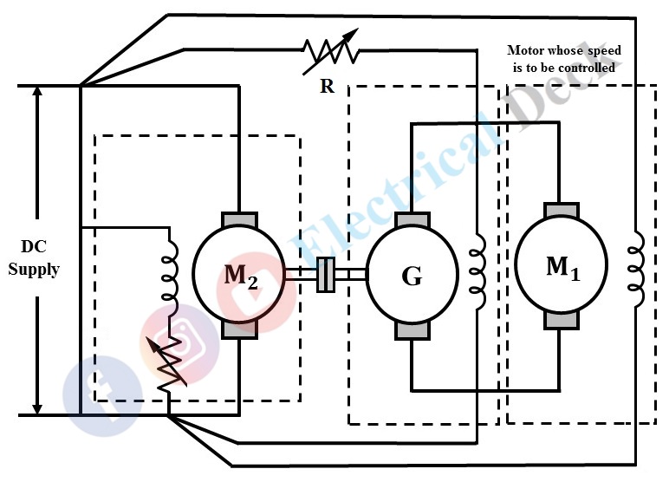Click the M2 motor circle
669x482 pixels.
pos(237,275)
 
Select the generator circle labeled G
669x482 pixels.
pos(411,276)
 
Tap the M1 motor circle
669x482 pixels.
pos(560,266)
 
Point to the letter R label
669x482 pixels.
pos(327,87)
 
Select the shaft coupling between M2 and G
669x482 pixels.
pos(326,275)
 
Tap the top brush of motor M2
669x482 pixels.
pos(237,220)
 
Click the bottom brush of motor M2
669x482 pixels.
pos(237,329)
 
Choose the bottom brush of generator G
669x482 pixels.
pos(411,330)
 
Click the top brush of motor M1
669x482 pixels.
pos(560,212)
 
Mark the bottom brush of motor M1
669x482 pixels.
pos(560,321)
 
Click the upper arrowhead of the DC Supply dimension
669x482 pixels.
pos(37,94)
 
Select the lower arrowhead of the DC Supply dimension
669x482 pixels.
pos(37,407)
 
